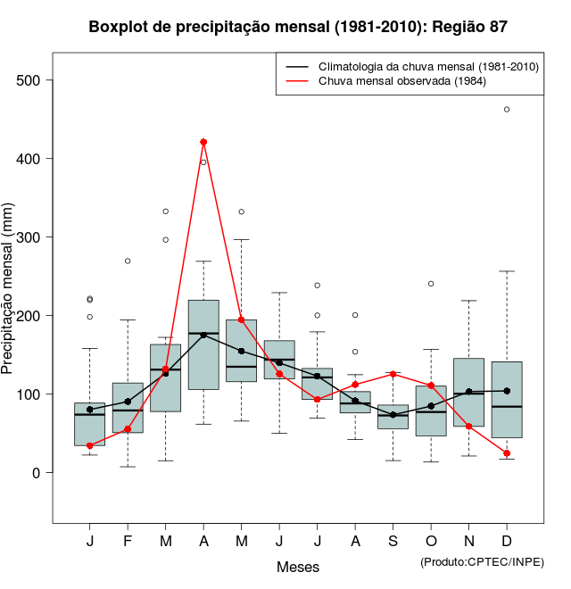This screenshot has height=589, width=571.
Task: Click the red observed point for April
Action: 203,142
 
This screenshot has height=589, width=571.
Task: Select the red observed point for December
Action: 507,453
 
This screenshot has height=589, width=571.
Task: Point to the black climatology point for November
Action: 469,392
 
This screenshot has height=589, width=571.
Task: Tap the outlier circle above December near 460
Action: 507,110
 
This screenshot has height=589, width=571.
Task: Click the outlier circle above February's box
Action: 128,261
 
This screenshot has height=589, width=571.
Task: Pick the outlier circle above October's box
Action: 431,284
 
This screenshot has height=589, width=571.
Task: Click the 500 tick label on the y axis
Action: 29,80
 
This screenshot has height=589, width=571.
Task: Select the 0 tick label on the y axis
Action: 37,473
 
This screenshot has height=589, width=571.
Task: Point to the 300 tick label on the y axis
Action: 29,237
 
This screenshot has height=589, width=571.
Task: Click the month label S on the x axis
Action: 393,542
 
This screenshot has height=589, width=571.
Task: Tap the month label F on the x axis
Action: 128,542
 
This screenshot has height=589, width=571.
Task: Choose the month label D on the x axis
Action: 507,542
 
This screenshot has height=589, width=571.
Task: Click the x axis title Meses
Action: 298,567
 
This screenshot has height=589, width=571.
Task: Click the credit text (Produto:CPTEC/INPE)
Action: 482,561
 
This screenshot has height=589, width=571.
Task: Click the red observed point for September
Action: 393,374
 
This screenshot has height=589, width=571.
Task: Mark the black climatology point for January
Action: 90,410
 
